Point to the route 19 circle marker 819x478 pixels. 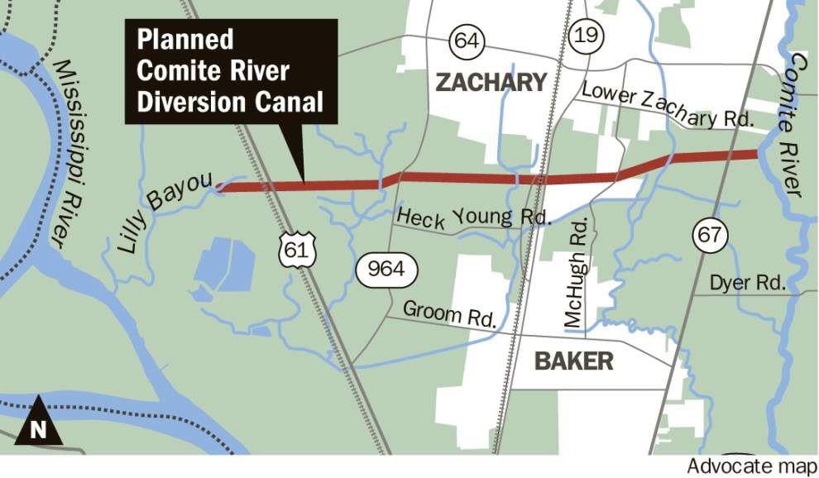point(587,35)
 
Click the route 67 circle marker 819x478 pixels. point(710,235)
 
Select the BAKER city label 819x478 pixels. point(573,361)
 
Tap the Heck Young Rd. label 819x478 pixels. point(474,218)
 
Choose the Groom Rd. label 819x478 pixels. point(449,313)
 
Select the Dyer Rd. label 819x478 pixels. point(746,283)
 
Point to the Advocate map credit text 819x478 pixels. point(750,466)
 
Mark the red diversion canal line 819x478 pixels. point(496,178)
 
